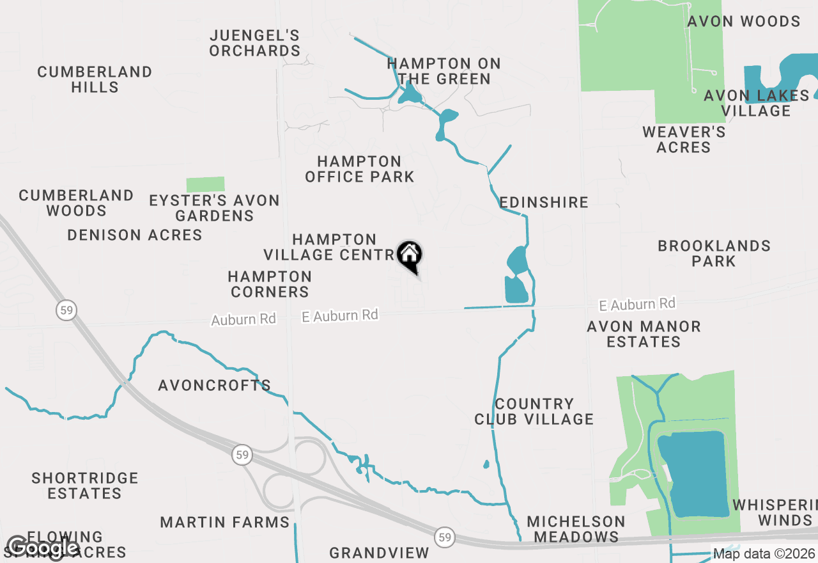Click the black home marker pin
[410, 255]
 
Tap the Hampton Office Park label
[360, 169]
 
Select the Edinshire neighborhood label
[544, 202]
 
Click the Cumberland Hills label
[95, 79]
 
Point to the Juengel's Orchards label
[255, 43]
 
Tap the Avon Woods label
[744, 21]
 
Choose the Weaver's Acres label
[684, 139]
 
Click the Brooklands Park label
[714, 253]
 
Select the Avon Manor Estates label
[644, 334]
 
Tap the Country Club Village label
[534, 411]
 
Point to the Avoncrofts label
[215, 385]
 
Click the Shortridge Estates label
[85, 486]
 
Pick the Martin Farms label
[225, 522]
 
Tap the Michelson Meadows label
[576, 529]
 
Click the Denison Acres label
[135, 235]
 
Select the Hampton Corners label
[270, 284]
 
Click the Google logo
[43, 548]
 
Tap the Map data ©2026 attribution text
[764, 554]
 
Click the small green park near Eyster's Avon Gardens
[205, 184]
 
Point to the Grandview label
[380, 552]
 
